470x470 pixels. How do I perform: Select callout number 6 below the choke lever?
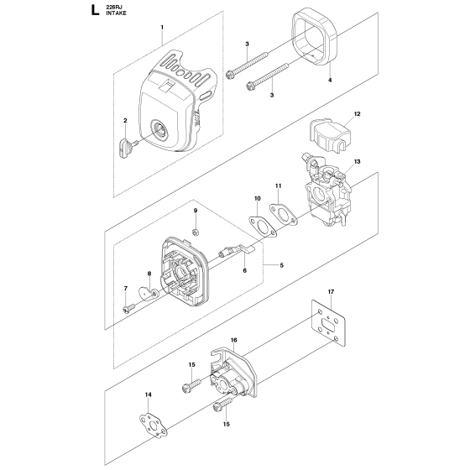[x=245, y=271]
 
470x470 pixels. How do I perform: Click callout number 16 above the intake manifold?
[x=233, y=341]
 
